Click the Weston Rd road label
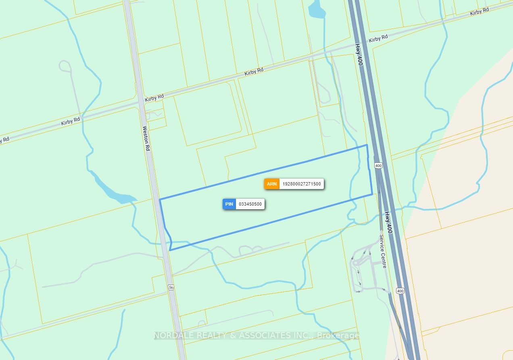[x=146, y=138]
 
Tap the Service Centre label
[x=383, y=251]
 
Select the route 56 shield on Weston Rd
[x=171, y=287]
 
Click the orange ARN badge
[x=272, y=184]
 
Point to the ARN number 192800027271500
[x=302, y=184]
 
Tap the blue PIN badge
[x=229, y=204]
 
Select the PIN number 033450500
[x=250, y=204]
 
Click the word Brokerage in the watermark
[x=338, y=335]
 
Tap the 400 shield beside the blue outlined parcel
[x=378, y=165]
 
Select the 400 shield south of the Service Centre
[x=400, y=291]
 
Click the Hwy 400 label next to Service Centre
[x=388, y=223]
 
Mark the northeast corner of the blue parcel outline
[x=367, y=145]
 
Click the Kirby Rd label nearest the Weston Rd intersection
[x=154, y=98]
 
